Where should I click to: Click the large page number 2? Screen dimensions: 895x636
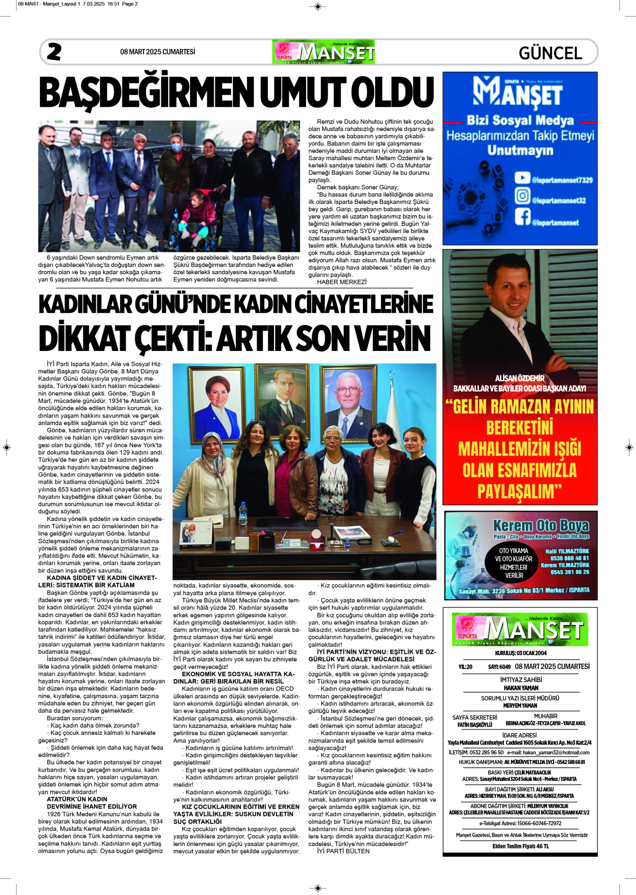coord(54,52)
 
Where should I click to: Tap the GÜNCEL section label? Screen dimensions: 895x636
coord(550,53)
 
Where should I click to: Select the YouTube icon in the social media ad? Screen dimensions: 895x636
coord(522,178)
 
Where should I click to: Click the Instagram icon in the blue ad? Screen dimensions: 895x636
coord(522,195)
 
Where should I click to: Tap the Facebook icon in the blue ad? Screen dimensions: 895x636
coord(522,217)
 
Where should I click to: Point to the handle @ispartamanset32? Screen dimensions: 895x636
coord(559,201)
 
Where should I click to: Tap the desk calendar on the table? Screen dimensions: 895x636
coord(194,533)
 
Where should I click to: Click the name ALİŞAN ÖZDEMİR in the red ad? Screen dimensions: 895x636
coord(520,378)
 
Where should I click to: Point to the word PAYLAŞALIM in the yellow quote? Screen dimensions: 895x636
coord(520,491)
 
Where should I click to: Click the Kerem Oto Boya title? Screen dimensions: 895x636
coord(541,525)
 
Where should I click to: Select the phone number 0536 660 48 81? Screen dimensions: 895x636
coord(569,558)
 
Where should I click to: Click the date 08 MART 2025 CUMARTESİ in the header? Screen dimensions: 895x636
coord(157,52)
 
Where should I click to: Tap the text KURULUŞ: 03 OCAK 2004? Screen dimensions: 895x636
coord(520,653)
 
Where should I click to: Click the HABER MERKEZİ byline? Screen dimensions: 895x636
coord(341,282)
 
